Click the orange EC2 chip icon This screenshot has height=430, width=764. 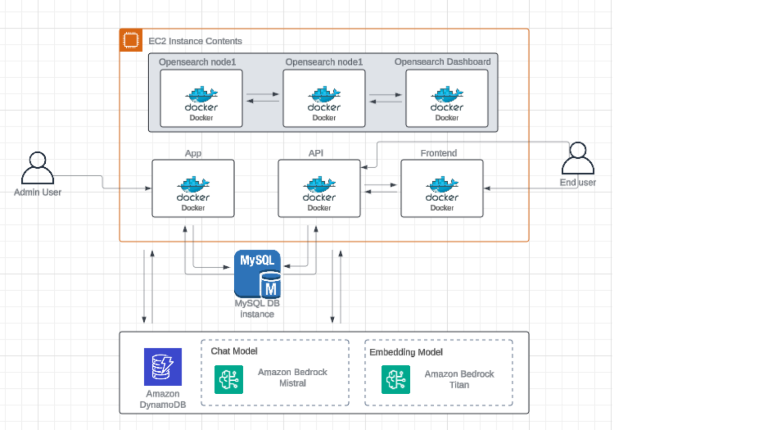[131, 40]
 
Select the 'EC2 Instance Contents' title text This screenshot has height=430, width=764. [195, 41]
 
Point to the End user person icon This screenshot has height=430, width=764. [577, 158]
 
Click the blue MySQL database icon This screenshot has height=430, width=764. [257, 274]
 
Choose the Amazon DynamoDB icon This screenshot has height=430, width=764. [163, 367]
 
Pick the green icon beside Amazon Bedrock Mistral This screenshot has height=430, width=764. [229, 379]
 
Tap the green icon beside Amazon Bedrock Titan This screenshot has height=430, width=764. [395, 379]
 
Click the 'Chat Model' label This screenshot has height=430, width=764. [234, 351]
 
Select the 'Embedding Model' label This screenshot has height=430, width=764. [406, 352]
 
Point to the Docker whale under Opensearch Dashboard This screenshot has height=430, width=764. [447, 94]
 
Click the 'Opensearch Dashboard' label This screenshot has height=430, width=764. [442, 62]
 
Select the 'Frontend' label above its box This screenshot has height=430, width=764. [438, 153]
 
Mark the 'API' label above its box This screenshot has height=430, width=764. [316, 153]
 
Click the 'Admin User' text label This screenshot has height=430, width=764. [37, 193]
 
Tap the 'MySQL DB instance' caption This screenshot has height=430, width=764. [257, 309]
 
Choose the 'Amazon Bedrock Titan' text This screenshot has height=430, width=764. [459, 379]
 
